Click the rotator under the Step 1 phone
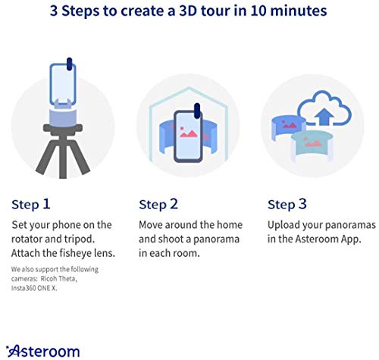[67, 116]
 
